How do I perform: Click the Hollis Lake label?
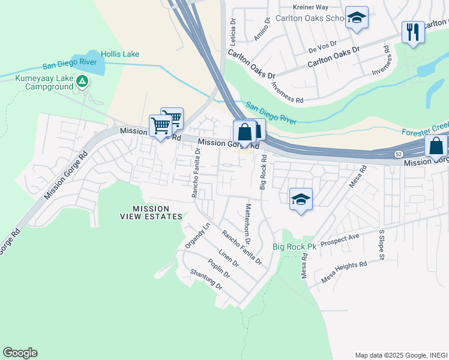(x=120, y=54)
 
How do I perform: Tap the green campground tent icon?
(x=82, y=81)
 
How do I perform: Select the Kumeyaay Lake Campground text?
(x=41, y=82)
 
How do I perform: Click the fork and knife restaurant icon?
(x=413, y=32)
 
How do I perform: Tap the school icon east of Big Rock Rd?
(x=301, y=200)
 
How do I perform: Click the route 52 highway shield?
(x=399, y=154)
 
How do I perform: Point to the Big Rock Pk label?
(x=294, y=247)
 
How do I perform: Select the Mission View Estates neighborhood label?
(x=149, y=212)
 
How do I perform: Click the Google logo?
(x=20, y=353)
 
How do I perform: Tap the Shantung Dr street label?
(x=206, y=280)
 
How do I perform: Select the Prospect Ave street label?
(x=340, y=240)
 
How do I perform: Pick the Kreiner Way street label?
(x=310, y=7)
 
